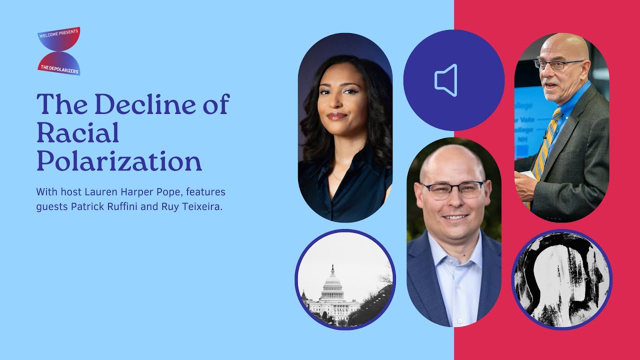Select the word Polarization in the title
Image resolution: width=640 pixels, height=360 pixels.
119,160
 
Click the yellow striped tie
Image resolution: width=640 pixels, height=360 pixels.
545,145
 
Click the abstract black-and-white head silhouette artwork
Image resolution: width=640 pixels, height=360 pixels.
561,280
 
